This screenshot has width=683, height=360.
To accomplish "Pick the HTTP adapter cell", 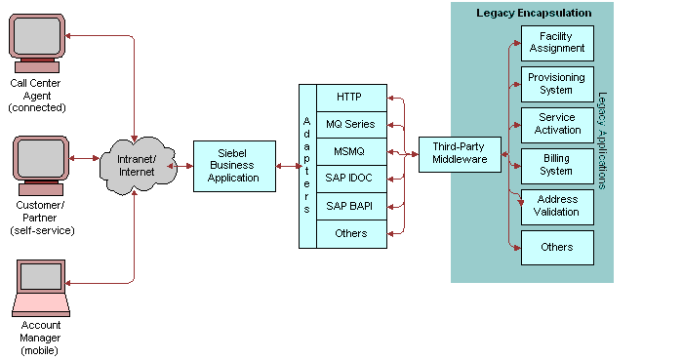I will (x=349, y=98).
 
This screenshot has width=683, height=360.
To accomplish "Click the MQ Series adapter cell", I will (x=349, y=124).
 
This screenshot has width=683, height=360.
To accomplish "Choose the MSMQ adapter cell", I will (x=349, y=151).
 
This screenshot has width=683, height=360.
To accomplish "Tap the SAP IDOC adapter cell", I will (x=349, y=179).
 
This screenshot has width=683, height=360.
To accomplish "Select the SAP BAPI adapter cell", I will (x=349, y=206).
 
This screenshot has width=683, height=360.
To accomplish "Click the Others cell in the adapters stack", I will (x=349, y=233).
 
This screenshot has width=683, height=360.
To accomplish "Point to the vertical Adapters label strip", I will (x=307, y=166).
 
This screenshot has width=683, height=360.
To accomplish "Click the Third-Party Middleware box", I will (x=459, y=153).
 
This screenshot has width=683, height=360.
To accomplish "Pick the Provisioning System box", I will (x=556, y=83).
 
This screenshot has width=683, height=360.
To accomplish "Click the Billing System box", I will (x=556, y=164).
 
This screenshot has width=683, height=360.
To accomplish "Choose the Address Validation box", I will (x=556, y=206).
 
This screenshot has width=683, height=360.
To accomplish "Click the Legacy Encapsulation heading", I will (x=533, y=13).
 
